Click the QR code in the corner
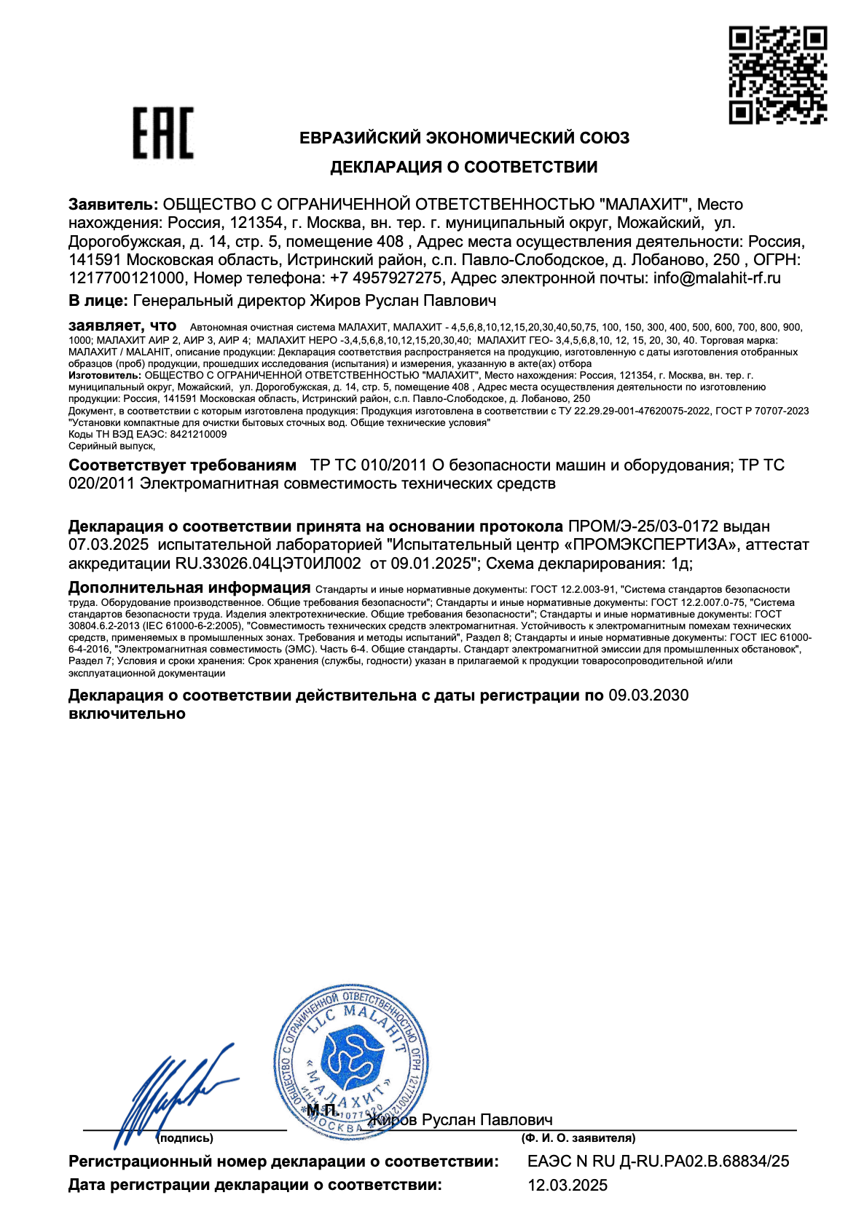pyautogui.click(x=777, y=75)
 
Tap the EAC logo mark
pyautogui.click(x=163, y=133)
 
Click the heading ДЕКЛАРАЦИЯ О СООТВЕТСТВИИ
pyautogui.click(x=464, y=167)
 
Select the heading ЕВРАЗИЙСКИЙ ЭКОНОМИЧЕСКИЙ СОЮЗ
pyautogui.click(x=465, y=138)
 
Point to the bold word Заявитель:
pyautogui.click(x=113, y=205)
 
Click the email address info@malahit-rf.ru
pyautogui.click(x=717, y=278)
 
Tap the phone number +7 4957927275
pyautogui.click(x=386, y=278)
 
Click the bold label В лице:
pyautogui.click(x=98, y=300)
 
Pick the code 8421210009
pyautogui.click(x=198, y=434)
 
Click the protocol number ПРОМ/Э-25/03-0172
pyautogui.click(x=643, y=526)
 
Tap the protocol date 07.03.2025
pyautogui.click(x=109, y=545)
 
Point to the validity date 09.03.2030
pyautogui.click(x=648, y=695)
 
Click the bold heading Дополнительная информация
pyautogui.click(x=189, y=588)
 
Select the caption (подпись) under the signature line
pyautogui.click(x=186, y=1138)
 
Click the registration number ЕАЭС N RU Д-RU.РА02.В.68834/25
pyautogui.click(x=658, y=1162)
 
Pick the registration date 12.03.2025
pyautogui.click(x=568, y=1186)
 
